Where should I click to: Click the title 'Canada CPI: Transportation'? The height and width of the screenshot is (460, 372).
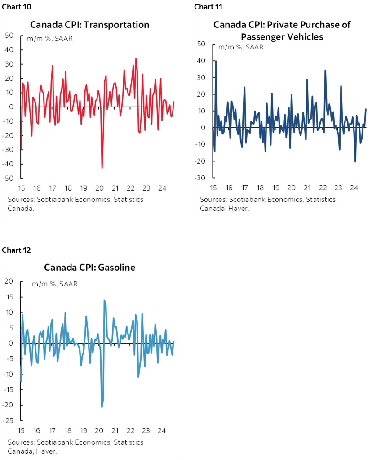point(89,24)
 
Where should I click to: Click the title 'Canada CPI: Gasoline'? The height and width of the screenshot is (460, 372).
point(89,267)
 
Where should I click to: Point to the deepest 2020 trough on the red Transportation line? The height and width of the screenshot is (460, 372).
point(102,168)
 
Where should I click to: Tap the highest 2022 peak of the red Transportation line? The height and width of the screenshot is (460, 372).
point(136,58)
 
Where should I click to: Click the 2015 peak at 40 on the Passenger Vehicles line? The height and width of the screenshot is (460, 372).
point(216,61)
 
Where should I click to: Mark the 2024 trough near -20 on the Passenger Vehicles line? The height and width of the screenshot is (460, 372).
point(355,161)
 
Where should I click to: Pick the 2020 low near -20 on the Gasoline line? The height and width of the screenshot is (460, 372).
point(102,407)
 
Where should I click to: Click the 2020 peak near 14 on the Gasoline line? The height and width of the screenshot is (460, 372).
point(104,300)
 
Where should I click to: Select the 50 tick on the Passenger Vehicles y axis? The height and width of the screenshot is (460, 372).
point(201,44)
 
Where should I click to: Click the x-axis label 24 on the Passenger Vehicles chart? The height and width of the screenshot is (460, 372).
point(354,187)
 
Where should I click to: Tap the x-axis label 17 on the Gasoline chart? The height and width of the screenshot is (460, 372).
point(53,430)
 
